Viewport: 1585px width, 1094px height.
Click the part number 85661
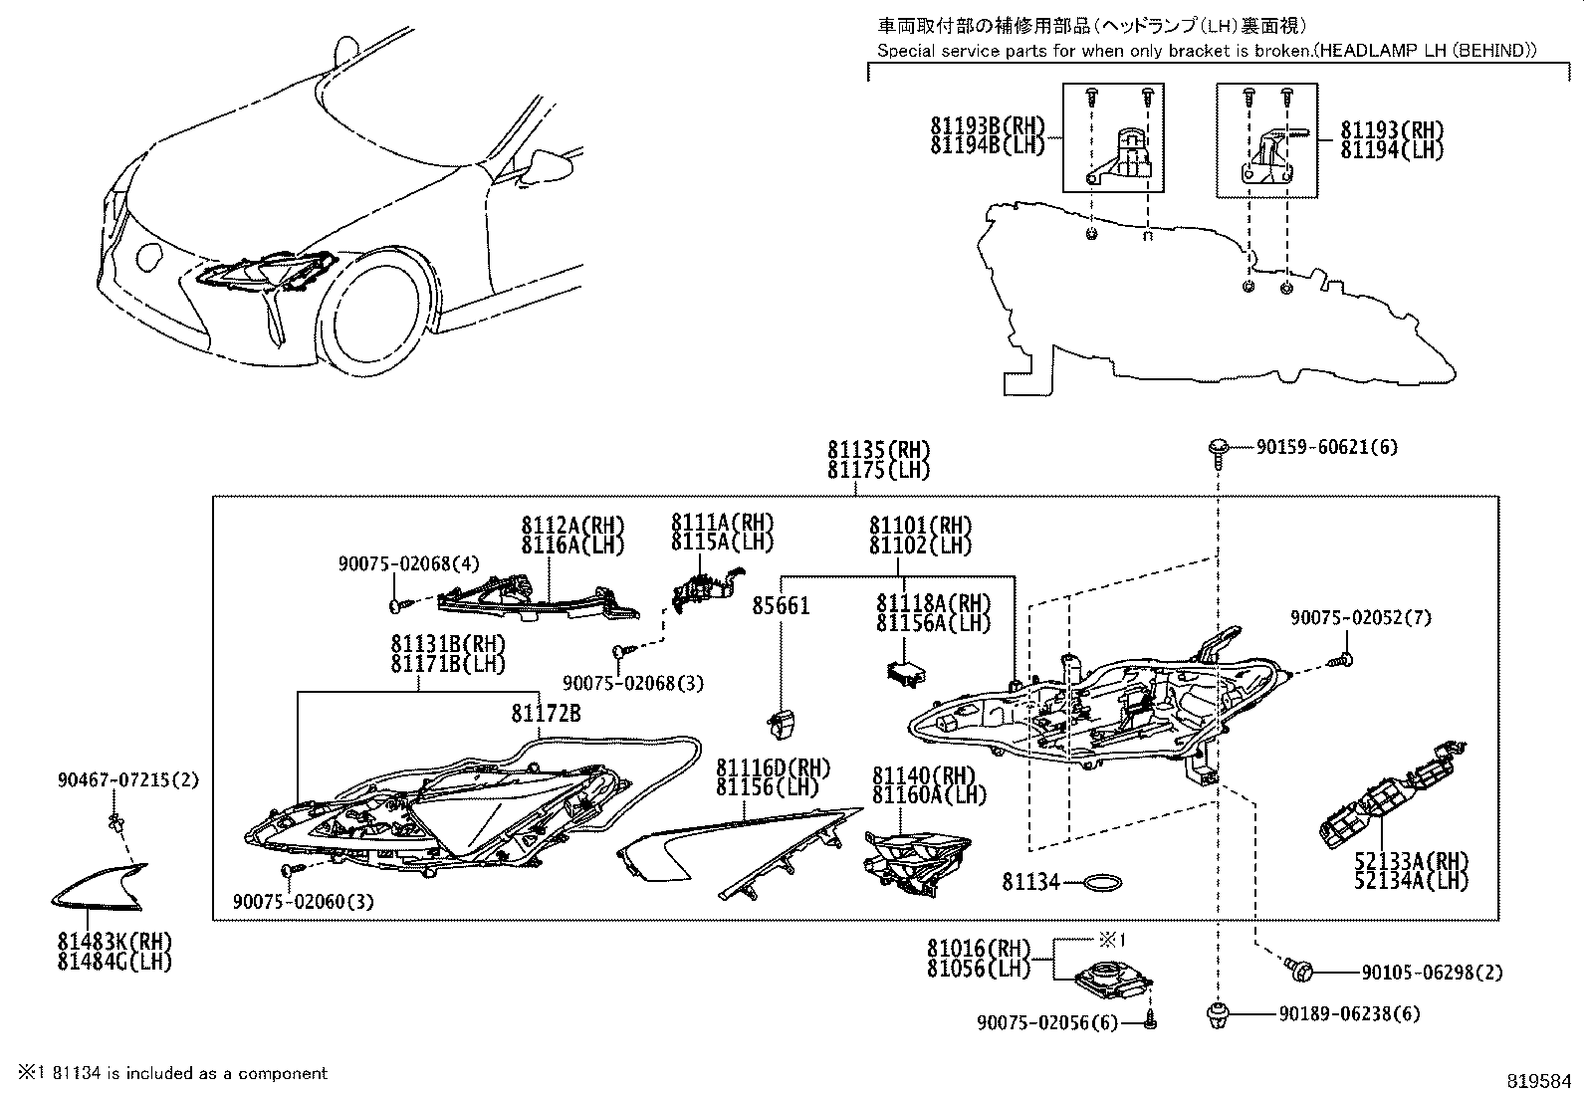[x=781, y=605]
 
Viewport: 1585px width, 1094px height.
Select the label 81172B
[x=546, y=714]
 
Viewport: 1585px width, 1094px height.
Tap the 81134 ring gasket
[x=1103, y=882]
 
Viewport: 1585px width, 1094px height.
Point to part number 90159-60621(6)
[x=1326, y=448]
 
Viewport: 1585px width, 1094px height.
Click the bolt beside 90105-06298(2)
[x=1300, y=968]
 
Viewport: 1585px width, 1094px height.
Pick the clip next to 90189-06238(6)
[x=1217, y=1015]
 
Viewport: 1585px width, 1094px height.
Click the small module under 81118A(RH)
[x=906, y=671]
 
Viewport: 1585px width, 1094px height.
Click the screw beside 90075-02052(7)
[x=1342, y=658]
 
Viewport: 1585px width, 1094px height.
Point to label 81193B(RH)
[x=989, y=126]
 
